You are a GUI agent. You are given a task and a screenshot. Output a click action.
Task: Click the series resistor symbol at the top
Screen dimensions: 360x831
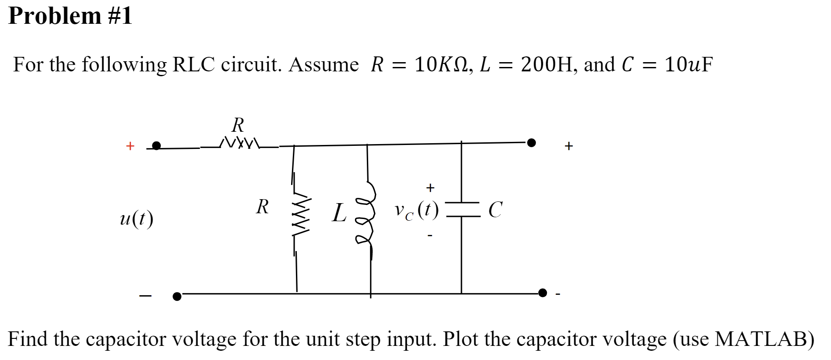click(x=240, y=142)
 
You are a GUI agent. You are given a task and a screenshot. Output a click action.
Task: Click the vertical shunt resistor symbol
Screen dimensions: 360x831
click(x=301, y=216)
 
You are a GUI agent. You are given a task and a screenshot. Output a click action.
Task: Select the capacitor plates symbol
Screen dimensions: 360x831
click(x=462, y=209)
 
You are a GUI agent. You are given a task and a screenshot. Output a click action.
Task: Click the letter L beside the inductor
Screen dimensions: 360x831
click(x=339, y=213)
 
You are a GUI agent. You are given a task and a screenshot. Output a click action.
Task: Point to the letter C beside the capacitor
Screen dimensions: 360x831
click(x=495, y=210)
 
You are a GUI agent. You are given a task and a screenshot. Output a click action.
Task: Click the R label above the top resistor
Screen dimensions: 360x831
click(x=238, y=125)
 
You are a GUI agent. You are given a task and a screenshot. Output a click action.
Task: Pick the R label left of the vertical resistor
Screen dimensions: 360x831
click(x=262, y=207)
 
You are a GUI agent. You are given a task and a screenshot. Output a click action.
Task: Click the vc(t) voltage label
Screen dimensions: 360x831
click(x=416, y=210)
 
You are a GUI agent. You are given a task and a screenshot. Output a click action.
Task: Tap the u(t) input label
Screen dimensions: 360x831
click(x=137, y=219)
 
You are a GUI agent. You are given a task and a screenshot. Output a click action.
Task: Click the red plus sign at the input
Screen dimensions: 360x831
click(x=130, y=146)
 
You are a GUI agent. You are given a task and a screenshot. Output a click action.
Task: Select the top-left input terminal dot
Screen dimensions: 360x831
click(x=156, y=145)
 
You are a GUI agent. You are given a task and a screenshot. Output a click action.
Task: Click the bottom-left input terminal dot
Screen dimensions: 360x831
click(x=177, y=296)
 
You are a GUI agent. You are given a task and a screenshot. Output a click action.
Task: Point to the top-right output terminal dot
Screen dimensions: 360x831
click(x=532, y=142)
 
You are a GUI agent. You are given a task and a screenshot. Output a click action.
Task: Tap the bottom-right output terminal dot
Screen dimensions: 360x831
click(x=543, y=293)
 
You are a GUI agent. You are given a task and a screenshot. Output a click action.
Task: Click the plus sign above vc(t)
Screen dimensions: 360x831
click(x=430, y=188)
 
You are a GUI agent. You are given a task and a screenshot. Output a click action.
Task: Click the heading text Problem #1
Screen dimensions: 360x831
click(x=70, y=16)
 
